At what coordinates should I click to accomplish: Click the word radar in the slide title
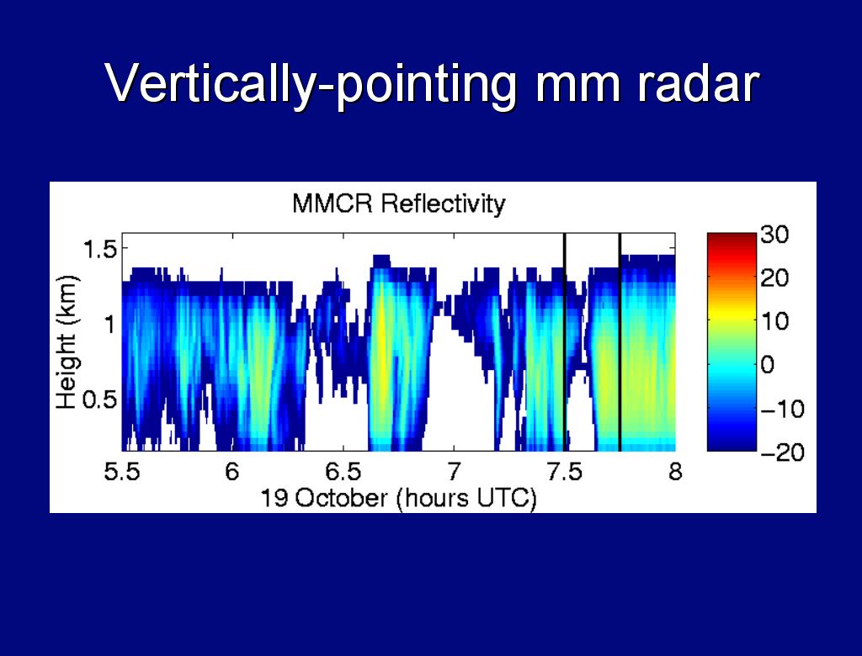click(698, 84)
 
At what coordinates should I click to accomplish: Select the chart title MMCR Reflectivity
click(398, 204)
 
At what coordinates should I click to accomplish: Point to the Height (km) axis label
click(67, 342)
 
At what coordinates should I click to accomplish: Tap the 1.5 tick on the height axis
click(99, 250)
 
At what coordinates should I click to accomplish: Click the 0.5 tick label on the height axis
click(99, 399)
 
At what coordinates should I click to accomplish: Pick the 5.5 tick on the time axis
click(122, 472)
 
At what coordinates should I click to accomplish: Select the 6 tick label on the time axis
click(232, 472)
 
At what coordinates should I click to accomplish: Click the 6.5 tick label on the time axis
click(343, 472)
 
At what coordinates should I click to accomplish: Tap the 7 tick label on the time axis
click(454, 472)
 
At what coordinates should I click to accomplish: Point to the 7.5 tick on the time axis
click(565, 472)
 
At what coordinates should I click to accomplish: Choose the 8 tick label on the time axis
click(676, 472)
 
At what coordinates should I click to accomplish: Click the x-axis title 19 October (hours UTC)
click(398, 499)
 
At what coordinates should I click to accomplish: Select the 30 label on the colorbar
click(775, 235)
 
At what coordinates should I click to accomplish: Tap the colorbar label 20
click(775, 278)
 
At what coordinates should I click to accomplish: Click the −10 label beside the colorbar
click(782, 409)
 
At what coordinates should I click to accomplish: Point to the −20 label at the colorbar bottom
click(782, 452)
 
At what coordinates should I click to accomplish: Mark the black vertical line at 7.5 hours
click(565, 341)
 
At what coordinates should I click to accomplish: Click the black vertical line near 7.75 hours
click(620, 341)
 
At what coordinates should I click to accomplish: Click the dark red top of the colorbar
click(732, 239)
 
